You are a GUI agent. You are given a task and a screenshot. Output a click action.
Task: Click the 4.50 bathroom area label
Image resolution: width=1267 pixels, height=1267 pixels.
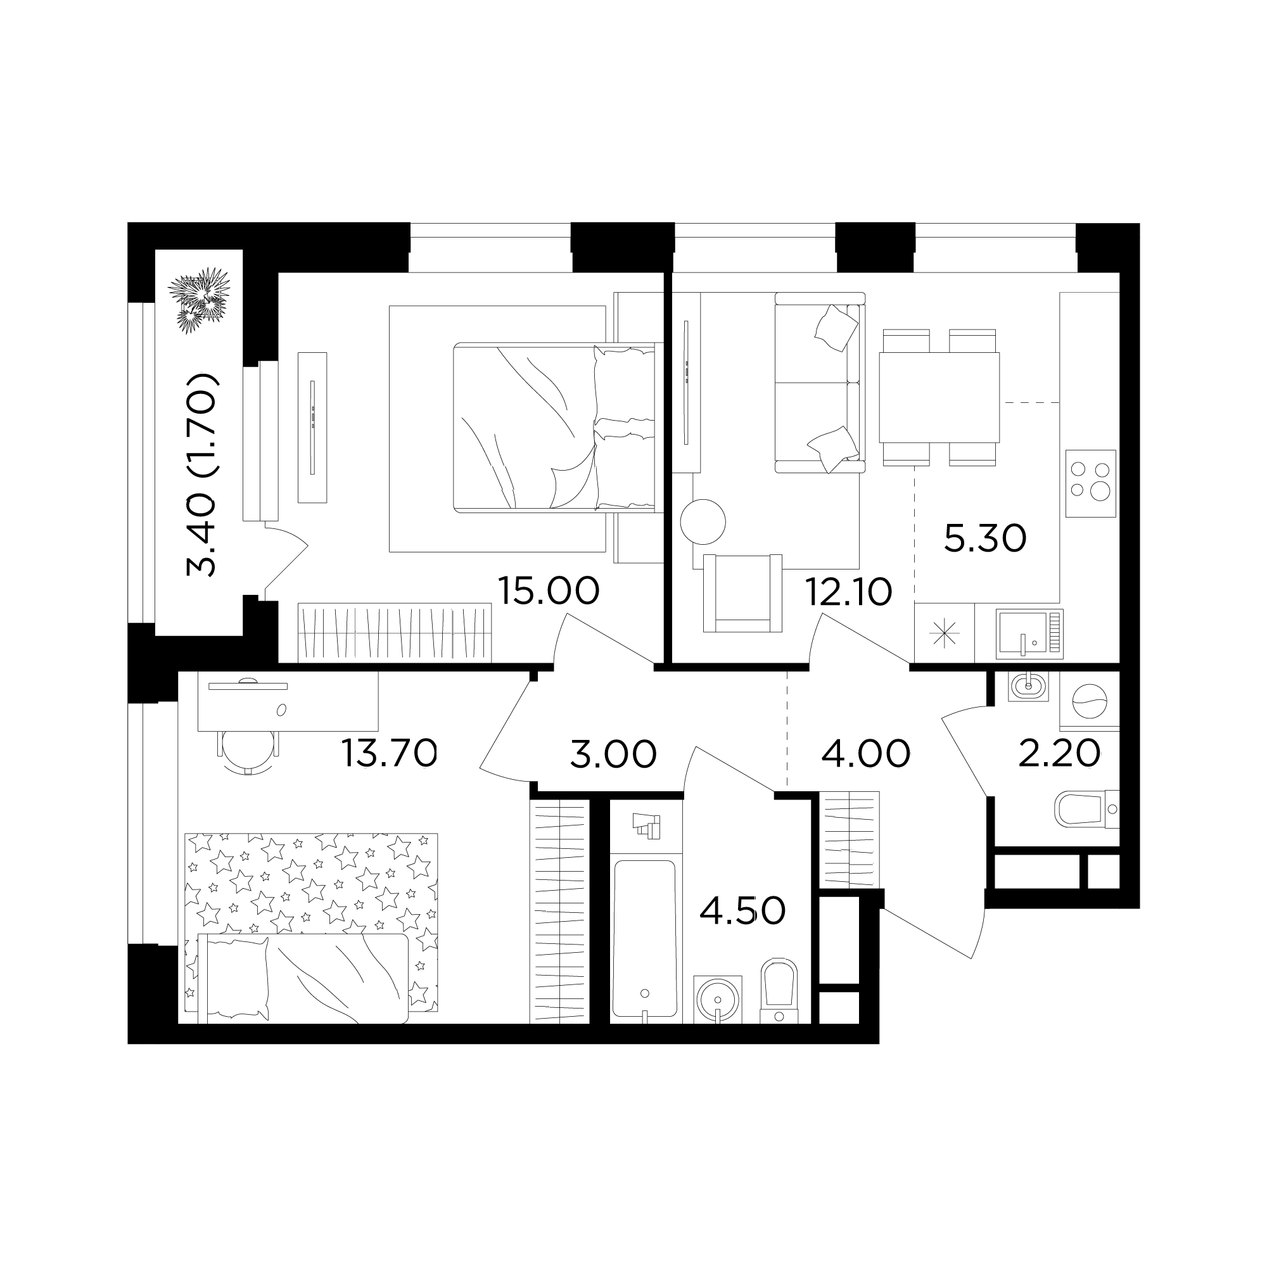click(x=742, y=911)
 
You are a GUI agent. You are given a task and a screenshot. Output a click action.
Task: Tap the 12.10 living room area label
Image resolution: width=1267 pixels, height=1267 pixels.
click(x=849, y=593)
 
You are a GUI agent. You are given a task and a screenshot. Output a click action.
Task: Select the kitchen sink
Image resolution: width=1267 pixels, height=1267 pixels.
click(x=1029, y=633)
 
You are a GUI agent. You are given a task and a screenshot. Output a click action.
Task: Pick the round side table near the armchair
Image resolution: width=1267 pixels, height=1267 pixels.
click(x=703, y=522)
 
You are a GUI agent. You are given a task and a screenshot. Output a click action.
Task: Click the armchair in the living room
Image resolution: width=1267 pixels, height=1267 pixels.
click(x=742, y=593)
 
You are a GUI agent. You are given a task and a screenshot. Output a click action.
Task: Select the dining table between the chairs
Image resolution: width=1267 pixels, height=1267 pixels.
click(x=938, y=397)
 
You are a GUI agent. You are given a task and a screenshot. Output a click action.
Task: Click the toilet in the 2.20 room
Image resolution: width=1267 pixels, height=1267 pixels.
click(x=1086, y=811)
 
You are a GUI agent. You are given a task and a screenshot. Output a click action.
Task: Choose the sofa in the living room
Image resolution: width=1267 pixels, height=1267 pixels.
click(x=820, y=383)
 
